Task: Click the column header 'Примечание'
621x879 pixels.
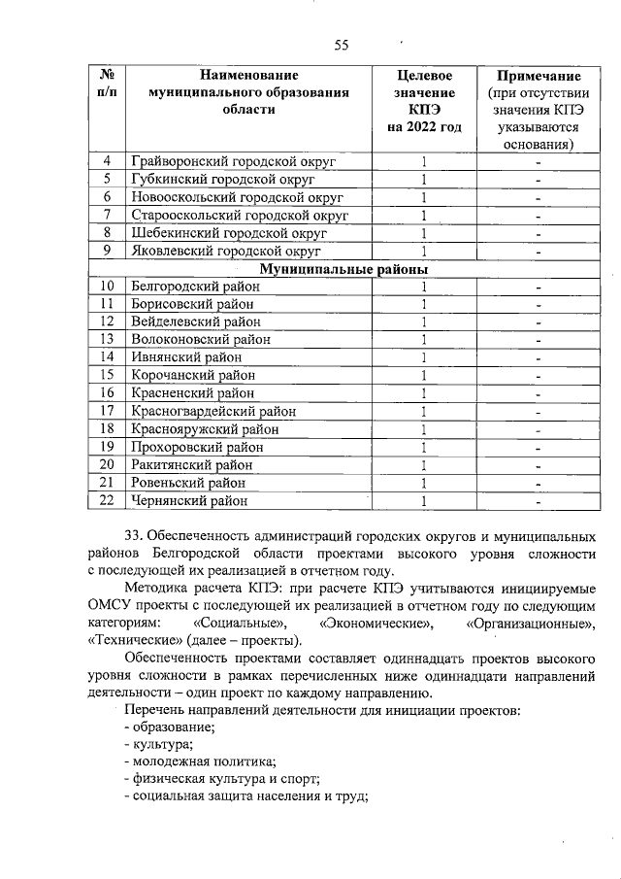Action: pyautogui.click(x=539, y=76)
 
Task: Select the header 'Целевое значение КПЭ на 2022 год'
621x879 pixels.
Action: pyautogui.click(x=425, y=101)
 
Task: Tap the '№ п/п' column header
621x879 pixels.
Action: pyautogui.click(x=109, y=84)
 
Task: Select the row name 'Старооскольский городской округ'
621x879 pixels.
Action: pyautogui.click(x=239, y=215)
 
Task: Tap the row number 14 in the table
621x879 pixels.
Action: pyautogui.click(x=109, y=357)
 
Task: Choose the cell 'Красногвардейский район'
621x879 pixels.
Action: pyautogui.click(x=212, y=411)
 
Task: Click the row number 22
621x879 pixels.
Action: pyautogui.click(x=109, y=500)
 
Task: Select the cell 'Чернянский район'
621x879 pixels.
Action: pyautogui.click(x=188, y=500)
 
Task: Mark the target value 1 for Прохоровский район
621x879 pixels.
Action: pyautogui.click(x=425, y=447)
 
